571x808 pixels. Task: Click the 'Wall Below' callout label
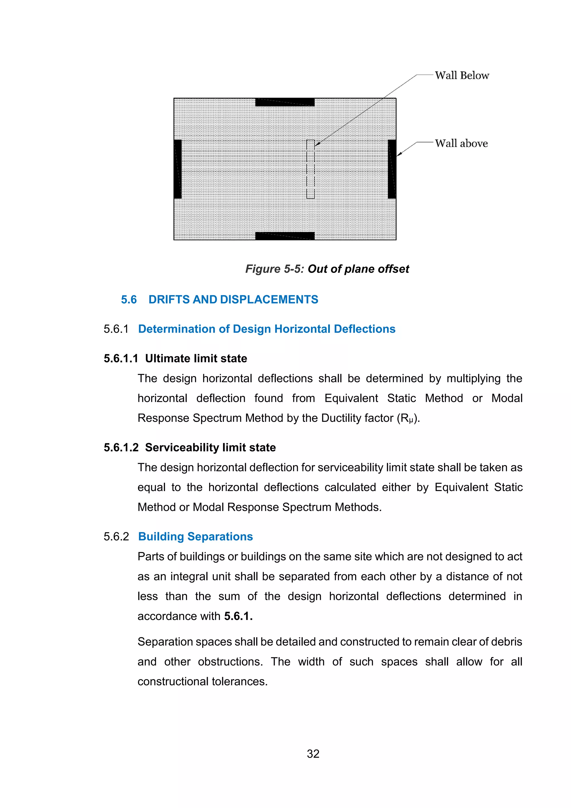(x=462, y=75)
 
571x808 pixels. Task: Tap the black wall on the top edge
(x=285, y=102)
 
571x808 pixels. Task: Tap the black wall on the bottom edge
(x=285, y=236)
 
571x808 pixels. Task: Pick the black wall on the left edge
(x=178, y=169)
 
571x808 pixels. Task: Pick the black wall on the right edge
(x=392, y=169)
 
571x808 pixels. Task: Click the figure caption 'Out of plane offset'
(x=358, y=269)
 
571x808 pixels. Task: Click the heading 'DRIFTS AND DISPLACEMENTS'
(x=233, y=299)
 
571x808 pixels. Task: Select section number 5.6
(x=129, y=299)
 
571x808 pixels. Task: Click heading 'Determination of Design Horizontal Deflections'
(x=267, y=329)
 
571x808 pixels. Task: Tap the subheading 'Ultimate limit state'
(x=196, y=358)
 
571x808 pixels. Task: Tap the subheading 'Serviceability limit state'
(x=210, y=447)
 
